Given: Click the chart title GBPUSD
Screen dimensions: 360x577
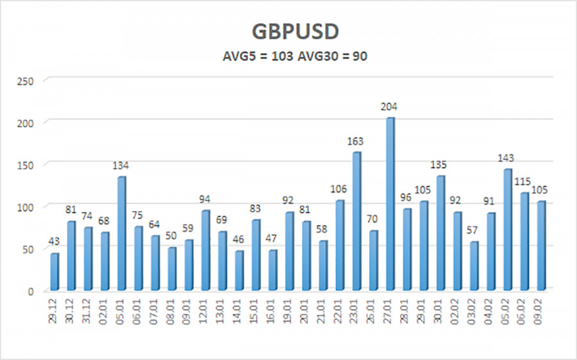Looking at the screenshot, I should (x=288, y=33).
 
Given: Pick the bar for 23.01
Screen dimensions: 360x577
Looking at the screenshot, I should (x=356, y=221).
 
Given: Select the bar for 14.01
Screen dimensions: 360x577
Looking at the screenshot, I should (x=238, y=270).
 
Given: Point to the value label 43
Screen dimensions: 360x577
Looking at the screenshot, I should (x=54, y=241).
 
